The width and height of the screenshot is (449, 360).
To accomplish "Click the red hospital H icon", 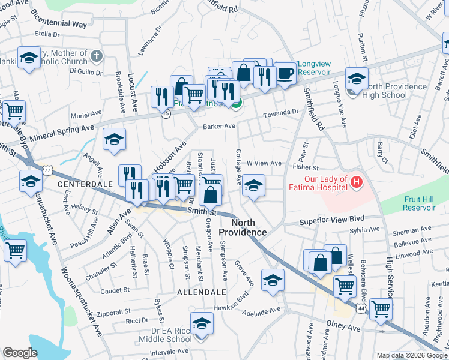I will pyautogui.click(x=357, y=181).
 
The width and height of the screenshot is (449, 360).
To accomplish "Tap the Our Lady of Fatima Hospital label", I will pyautogui.click(x=318, y=184).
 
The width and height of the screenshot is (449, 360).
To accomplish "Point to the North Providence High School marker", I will pyautogui.click(x=357, y=80).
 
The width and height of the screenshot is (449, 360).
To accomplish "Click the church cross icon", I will pyautogui.click(x=97, y=56).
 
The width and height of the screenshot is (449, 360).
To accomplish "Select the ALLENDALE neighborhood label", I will pyautogui.click(x=202, y=292).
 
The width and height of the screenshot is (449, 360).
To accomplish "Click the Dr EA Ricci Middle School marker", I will pyautogui.click(x=202, y=323).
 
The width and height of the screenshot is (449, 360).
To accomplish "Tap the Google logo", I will pyautogui.click(x=20, y=352).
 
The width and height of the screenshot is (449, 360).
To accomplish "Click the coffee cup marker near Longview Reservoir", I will pyautogui.click(x=285, y=73).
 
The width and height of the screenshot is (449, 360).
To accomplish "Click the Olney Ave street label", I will pyautogui.click(x=343, y=328).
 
